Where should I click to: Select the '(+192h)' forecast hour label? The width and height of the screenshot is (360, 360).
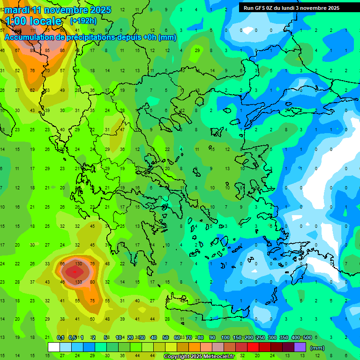[x=83, y=21]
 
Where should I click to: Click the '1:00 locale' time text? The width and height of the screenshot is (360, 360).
[x=33, y=21]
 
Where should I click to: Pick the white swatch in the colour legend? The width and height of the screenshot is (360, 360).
[x=54, y=347]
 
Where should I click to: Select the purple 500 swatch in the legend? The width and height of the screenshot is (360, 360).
[x=300, y=347]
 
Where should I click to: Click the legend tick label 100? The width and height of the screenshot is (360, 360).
[x=225, y=338]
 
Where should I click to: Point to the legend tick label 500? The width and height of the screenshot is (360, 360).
[x=307, y=338]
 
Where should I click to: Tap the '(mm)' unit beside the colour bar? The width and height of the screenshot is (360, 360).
[x=317, y=348]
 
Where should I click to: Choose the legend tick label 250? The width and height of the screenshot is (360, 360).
[x=260, y=338]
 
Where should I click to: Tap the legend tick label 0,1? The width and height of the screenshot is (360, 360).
[x=60, y=338]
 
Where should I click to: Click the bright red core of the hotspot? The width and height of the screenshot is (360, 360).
[x=73, y=271]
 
